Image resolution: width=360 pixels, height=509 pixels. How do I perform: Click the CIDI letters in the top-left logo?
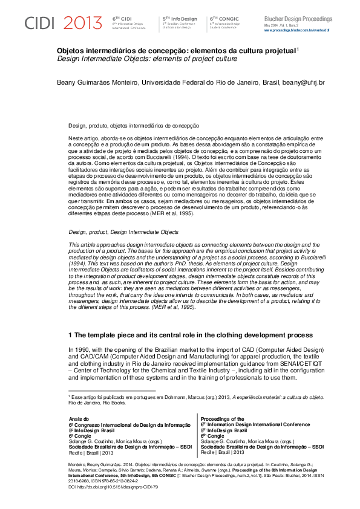click(x=40, y=24)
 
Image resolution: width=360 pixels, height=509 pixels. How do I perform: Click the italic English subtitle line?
click(x=143, y=60)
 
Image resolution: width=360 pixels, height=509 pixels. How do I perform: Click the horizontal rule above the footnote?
click(x=112, y=392)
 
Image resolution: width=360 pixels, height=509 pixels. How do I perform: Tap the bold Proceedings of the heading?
click(x=221, y=418)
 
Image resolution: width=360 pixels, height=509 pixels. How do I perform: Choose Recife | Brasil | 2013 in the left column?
click(x=91, y=452)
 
